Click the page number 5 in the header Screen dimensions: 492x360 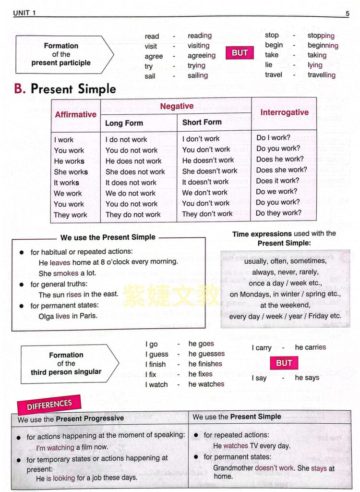coord(347,13)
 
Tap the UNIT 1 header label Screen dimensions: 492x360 coord(24,13)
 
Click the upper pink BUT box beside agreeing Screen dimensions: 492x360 coord(240,53)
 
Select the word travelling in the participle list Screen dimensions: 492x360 coord(322,75)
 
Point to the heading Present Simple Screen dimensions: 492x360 coord(73,89)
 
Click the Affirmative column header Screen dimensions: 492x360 coord(75,114)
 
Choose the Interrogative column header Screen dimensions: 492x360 coord(284,112)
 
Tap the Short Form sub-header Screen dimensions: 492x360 coord(202,122)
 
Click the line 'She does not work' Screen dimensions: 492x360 coord(135,172)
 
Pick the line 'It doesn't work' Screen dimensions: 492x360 coord(205,182)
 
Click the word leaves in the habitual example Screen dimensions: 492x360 coord(60,262)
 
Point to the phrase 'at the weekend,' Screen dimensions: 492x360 coord(285,305)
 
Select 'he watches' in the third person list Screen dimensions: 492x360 coord(206,384)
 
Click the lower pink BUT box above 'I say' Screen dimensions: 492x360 coord(284,363)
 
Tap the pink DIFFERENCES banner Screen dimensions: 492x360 coord(49,405)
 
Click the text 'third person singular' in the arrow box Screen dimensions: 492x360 coord(66,372)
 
